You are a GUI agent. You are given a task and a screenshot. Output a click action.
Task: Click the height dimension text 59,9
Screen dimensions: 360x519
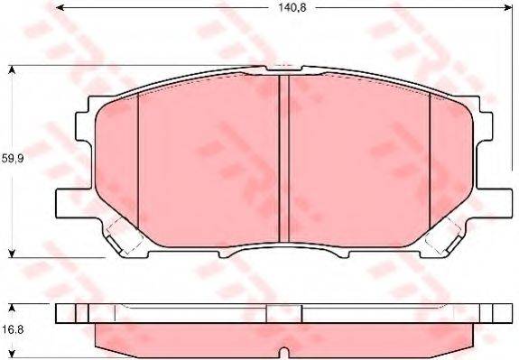coord(12,159)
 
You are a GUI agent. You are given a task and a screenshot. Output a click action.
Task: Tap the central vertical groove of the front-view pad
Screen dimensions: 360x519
coord(283,158)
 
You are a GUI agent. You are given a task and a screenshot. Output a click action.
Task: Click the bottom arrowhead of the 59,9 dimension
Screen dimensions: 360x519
coord(12,252)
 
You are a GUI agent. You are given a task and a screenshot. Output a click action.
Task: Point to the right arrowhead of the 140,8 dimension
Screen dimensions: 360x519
coord(503,11)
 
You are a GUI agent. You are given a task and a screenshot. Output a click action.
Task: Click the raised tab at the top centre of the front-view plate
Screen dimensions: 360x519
coord(283,69)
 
